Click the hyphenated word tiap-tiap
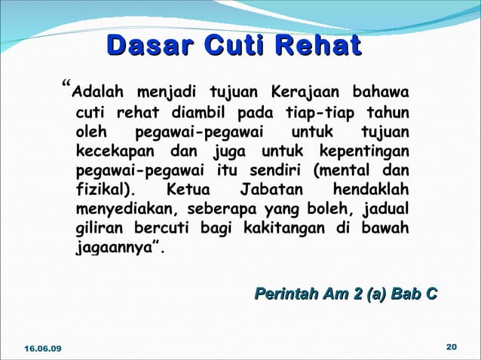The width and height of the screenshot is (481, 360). tap(320, 114)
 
